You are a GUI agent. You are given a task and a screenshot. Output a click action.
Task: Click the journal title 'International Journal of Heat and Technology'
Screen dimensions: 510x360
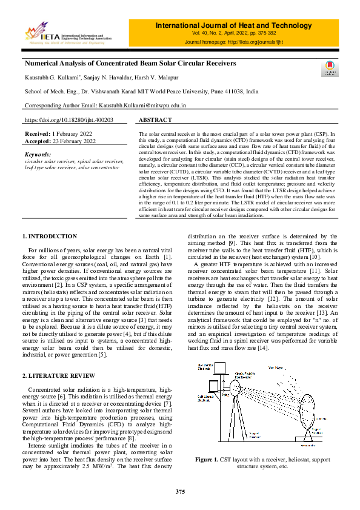(233, 25)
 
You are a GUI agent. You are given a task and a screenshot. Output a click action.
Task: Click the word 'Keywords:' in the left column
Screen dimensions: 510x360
(38, 155)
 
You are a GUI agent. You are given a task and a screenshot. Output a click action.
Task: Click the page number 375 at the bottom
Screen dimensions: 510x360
(180, 491)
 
